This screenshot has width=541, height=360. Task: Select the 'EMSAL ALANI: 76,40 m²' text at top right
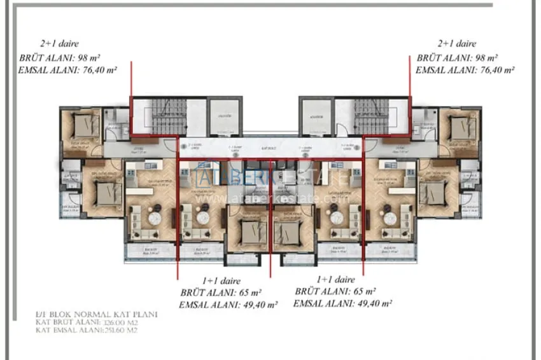(465, 71)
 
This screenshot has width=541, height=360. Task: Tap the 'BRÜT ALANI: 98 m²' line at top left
(59, 58)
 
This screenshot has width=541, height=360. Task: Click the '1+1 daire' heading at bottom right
(335, 279)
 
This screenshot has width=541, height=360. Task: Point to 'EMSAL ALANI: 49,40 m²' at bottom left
(228, 305)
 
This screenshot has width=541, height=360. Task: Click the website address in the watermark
(270, 198)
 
